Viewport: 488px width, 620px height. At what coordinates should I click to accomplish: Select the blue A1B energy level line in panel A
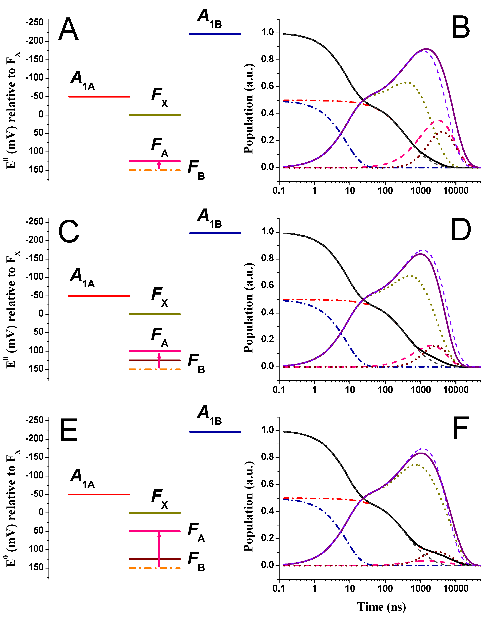[215, 34]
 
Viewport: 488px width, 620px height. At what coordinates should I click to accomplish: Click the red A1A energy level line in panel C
[99, 296]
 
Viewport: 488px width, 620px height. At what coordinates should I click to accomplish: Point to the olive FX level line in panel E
[155, 513]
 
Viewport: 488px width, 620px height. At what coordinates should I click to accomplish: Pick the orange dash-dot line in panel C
[155, 369]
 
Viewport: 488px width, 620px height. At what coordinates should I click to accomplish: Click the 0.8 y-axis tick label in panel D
[267, 258]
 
